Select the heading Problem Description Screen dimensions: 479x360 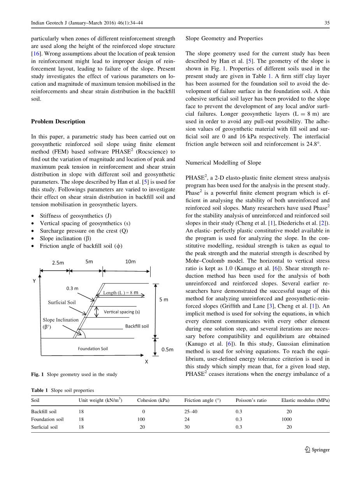tap(58, 122)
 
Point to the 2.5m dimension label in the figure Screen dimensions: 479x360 tap(58, 263)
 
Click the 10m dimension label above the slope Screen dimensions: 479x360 tap(130, 262)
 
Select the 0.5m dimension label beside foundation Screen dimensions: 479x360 tap(167, 350)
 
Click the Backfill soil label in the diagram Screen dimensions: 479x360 tap(137, 326)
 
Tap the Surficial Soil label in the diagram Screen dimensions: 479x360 tap(62, 302)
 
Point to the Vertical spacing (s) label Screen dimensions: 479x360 tap(122, 312)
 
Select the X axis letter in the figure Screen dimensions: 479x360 tap(147, 361)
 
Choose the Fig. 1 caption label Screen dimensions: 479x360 tap(38, 374)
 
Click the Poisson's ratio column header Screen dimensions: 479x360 tap(251, 400)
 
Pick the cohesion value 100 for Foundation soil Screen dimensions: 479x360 tap(141, 419)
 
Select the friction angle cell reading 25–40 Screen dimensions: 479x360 tap(191, 412)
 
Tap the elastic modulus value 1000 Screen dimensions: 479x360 tap(286, 419)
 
